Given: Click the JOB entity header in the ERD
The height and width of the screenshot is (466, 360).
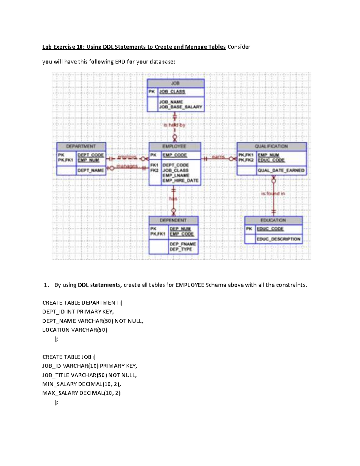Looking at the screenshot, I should (x=175, y=83).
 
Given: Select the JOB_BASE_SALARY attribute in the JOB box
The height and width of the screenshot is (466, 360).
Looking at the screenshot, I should (x=181, y=107).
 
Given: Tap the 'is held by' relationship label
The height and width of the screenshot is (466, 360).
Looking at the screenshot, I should (x=174, y=125).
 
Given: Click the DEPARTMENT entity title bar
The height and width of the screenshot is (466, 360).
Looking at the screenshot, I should (x=81, y=146).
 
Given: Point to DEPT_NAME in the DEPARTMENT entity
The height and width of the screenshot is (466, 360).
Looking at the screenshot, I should (x=91, y=170).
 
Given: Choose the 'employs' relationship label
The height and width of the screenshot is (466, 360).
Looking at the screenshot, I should (x=127, y=157).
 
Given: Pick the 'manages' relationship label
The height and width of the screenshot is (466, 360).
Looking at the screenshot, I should (x=127, y=166).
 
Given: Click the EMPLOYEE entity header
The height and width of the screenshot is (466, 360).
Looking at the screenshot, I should (x=174, y=146).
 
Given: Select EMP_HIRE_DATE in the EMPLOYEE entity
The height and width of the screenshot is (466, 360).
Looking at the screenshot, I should (x=180, y=181).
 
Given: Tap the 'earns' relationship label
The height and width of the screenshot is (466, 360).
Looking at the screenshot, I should (x=218, y=157).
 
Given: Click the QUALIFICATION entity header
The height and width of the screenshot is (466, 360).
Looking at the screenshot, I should (x=271, y=146).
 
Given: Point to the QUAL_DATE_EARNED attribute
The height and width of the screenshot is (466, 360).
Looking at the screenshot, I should (x=281, y=170).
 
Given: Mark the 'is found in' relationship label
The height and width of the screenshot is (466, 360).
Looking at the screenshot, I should (x=273, y=194).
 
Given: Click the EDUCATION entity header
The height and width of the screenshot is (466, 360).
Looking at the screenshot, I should (x=273, y=220).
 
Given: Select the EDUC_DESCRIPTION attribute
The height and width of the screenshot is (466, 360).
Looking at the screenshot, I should (x=278, y=239).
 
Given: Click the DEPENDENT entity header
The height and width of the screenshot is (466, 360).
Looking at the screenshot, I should (x=173, y=220).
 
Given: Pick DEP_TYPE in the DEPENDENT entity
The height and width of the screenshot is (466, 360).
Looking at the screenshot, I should (x=181, y=249).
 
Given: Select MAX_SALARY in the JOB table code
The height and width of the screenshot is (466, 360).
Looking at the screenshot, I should (x=60, y=393).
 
